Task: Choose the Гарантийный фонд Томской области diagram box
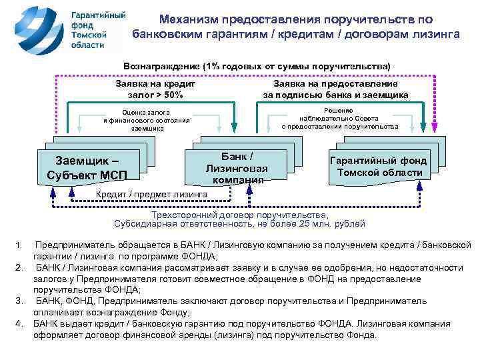point(379,166)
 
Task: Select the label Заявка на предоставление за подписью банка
point(335,89)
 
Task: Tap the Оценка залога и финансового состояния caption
point(146,120)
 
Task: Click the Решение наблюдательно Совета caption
point(339,118)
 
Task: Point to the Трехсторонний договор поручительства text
point(240,216)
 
